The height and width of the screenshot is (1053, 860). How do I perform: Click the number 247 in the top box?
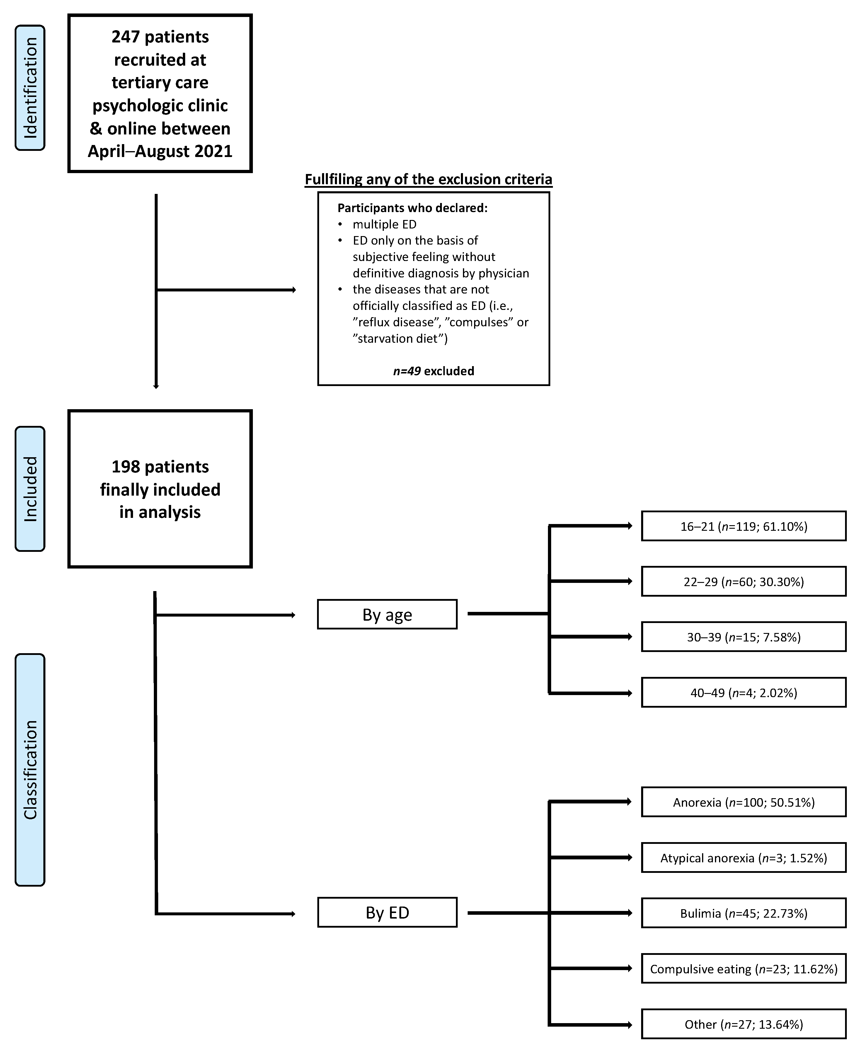coord(126,37)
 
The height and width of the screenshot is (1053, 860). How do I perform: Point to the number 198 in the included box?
coord(126,467)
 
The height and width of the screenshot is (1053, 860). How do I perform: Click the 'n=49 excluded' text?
coord(433,371)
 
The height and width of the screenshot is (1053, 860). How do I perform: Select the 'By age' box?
coord(387,615)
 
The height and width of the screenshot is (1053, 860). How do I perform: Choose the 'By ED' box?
coord(387,913)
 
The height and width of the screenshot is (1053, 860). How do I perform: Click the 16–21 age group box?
coord(744,526)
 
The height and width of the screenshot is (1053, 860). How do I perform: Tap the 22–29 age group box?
coord(744,581)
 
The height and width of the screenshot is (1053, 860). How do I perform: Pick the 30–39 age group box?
coord(744,637)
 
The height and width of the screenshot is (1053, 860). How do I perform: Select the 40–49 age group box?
coord(744,692)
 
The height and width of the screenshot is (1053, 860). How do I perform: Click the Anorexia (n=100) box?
coord(744,802)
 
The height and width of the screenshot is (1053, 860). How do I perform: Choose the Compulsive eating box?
coord(744,969)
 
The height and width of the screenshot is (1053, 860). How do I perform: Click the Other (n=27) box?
coord(744,1024)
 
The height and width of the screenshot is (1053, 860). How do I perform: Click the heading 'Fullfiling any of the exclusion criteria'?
coord(428,179)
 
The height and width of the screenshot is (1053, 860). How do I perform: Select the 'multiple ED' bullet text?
coord(384,224)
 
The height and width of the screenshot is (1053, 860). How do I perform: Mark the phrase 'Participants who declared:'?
coord(413,208)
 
